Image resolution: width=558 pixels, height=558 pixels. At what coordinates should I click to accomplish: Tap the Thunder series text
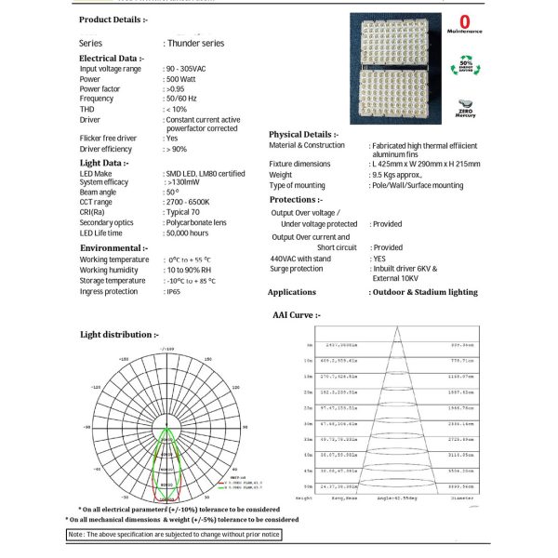[194, 43]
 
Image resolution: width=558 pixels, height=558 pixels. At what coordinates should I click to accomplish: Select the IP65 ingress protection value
[174, 291]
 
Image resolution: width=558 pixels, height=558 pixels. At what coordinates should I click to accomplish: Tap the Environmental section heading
[113, 248]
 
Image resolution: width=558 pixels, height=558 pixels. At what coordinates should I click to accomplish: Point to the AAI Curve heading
[296, 315]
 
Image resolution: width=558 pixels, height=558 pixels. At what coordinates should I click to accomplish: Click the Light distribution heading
[119, 334]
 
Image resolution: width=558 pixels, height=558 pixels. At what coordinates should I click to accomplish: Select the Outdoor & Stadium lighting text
[425, 292]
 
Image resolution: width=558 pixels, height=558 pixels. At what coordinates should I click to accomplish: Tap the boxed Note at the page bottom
[173, 535]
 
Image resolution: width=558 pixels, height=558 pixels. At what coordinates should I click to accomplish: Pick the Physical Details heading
[304, 135]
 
